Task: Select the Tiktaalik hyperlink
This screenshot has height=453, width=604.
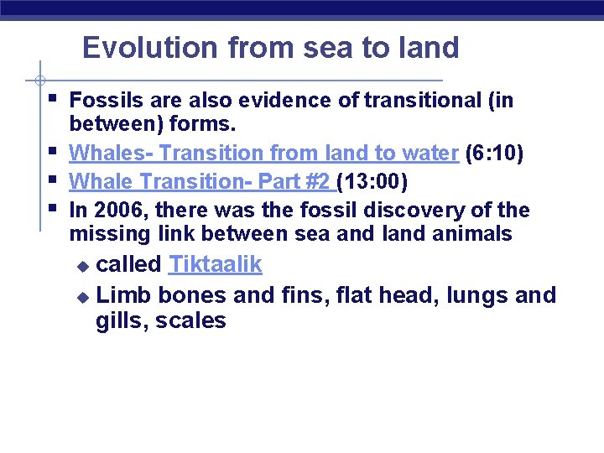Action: coord(216,264)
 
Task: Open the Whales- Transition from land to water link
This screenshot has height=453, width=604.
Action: coord(263,154)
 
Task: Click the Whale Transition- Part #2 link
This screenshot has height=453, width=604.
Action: coord(201,181)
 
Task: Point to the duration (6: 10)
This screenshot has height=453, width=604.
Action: coord(494,154)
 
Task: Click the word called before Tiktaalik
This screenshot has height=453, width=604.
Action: coord(129,264)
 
